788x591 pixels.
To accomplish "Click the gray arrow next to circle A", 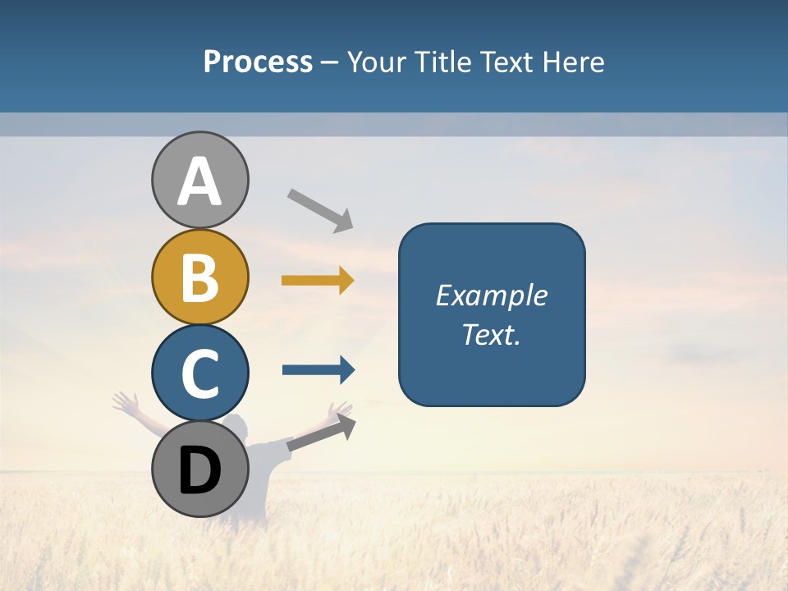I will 320,209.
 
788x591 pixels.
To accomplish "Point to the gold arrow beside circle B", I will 318,281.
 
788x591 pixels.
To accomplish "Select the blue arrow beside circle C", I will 318,369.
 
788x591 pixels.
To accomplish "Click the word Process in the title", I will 258,62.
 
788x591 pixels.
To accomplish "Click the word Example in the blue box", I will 491,295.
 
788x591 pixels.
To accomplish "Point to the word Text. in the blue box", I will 491,335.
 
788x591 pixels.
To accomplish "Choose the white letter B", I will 199,277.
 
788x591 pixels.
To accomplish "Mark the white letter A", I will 199,181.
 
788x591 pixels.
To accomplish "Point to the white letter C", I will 199,373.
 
